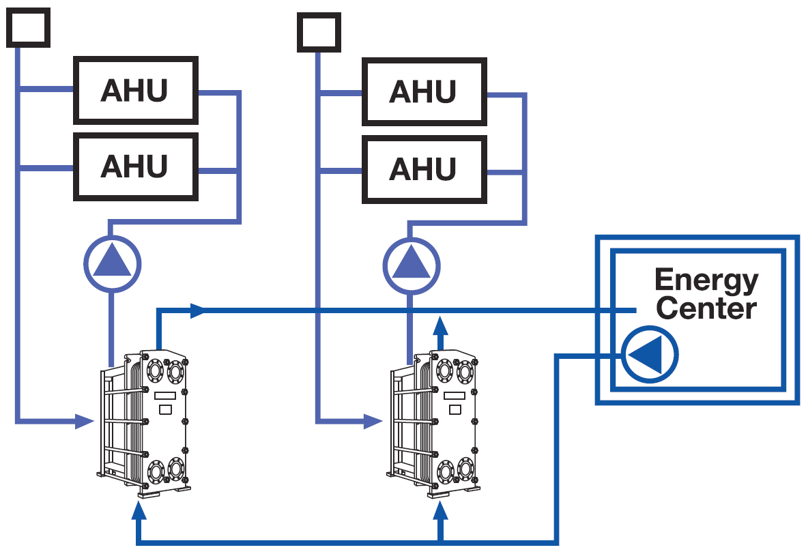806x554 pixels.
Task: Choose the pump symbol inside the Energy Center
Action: (x=650, y=354)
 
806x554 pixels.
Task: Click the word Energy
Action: (x=707, y=280)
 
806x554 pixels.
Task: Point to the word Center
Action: (x=706, y=308)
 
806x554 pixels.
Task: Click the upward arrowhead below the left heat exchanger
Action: (x=139, y=510)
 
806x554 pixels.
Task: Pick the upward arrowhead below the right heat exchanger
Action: (x=440, y=510)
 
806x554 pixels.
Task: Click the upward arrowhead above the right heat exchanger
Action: (x=440, y=326)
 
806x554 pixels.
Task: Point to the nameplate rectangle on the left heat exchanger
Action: (x=166, y=396)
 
